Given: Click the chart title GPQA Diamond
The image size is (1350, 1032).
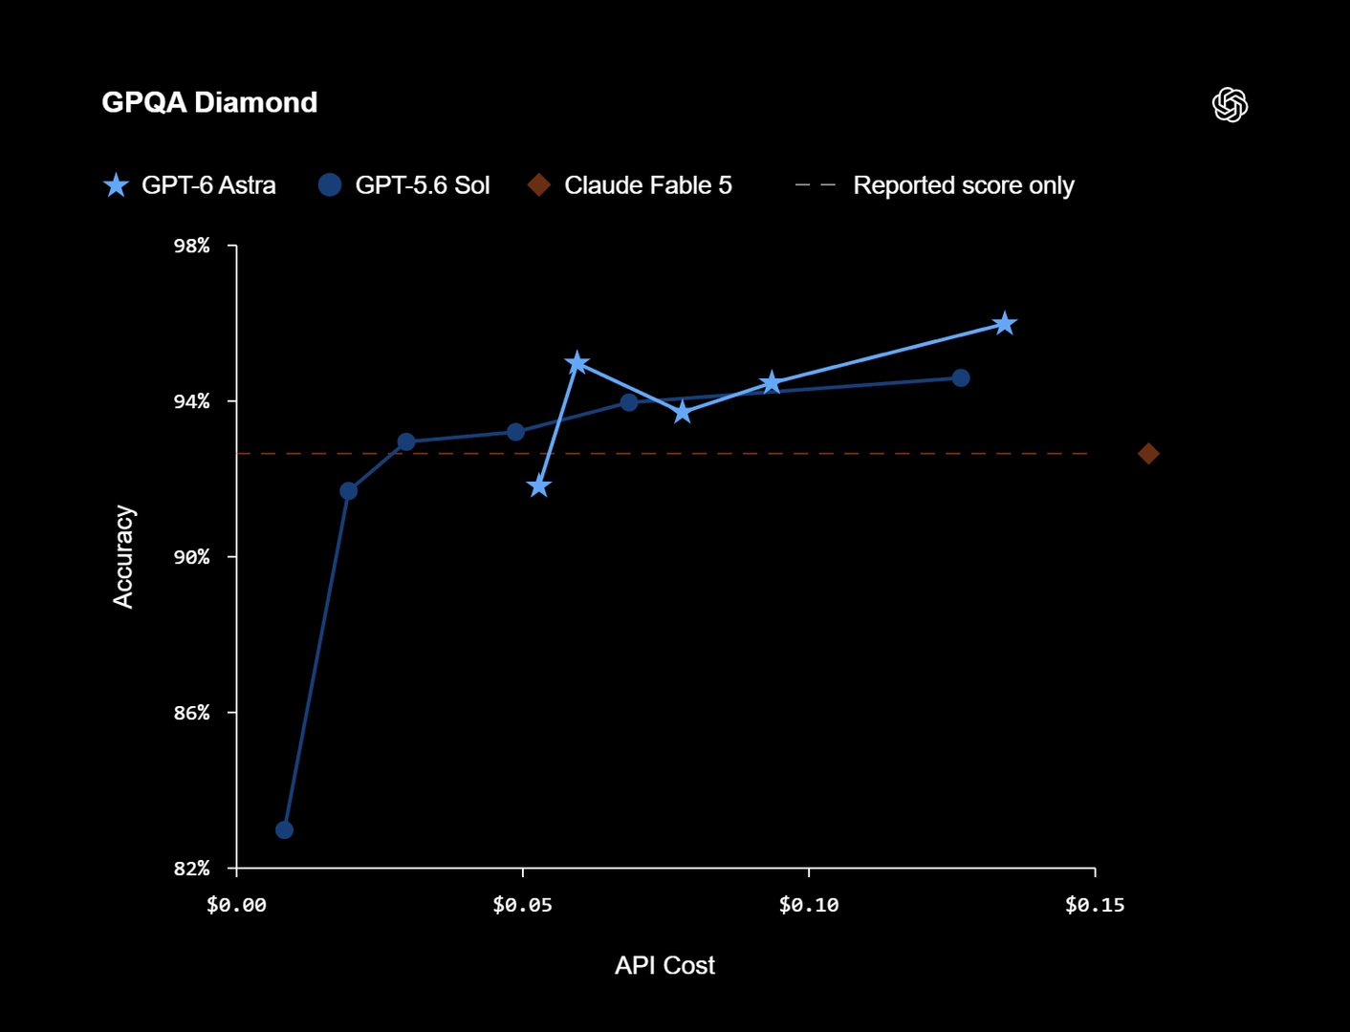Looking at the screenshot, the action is [x=209, y=102].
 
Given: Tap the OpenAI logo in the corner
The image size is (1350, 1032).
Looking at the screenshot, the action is [x=1230, y=104].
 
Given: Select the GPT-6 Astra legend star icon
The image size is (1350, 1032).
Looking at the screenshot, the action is [x=116, y=185].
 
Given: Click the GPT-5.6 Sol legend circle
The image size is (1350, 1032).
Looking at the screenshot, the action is [x=330, y=185].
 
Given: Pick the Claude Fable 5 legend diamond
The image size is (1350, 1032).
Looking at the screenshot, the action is [x=539, y=185].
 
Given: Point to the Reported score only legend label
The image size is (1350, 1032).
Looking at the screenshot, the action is [x=963, y=185].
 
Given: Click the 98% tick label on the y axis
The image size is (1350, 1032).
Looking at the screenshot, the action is [x=192, y=246].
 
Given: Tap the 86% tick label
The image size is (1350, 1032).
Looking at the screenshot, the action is [x=192, y=713].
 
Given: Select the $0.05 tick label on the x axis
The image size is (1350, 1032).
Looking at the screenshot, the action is [x=522, y=905].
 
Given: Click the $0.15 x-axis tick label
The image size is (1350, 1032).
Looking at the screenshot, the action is [x=1095, y=905].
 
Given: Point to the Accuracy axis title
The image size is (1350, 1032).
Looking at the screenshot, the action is [x=123, y=557].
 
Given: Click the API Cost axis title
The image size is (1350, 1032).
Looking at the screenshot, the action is [x=664, y=965].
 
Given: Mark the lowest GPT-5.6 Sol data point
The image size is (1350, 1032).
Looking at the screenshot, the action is [x=284, y=829].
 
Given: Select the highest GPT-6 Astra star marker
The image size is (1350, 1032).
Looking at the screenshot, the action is [x=1004, y=323].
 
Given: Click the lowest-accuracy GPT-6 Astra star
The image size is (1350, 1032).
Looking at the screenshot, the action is [x=539, y=486].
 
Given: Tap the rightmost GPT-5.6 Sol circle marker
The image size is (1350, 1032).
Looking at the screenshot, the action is [x=961, y=378].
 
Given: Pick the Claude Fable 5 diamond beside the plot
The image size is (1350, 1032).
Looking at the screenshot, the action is [x=1148, y=454].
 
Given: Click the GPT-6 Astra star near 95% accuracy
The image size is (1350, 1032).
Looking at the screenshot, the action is [x=577, y=363].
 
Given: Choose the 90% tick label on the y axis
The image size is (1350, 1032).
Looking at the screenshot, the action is [x=192, y=557].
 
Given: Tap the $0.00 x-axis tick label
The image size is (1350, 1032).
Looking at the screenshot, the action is [x=236, y=905].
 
